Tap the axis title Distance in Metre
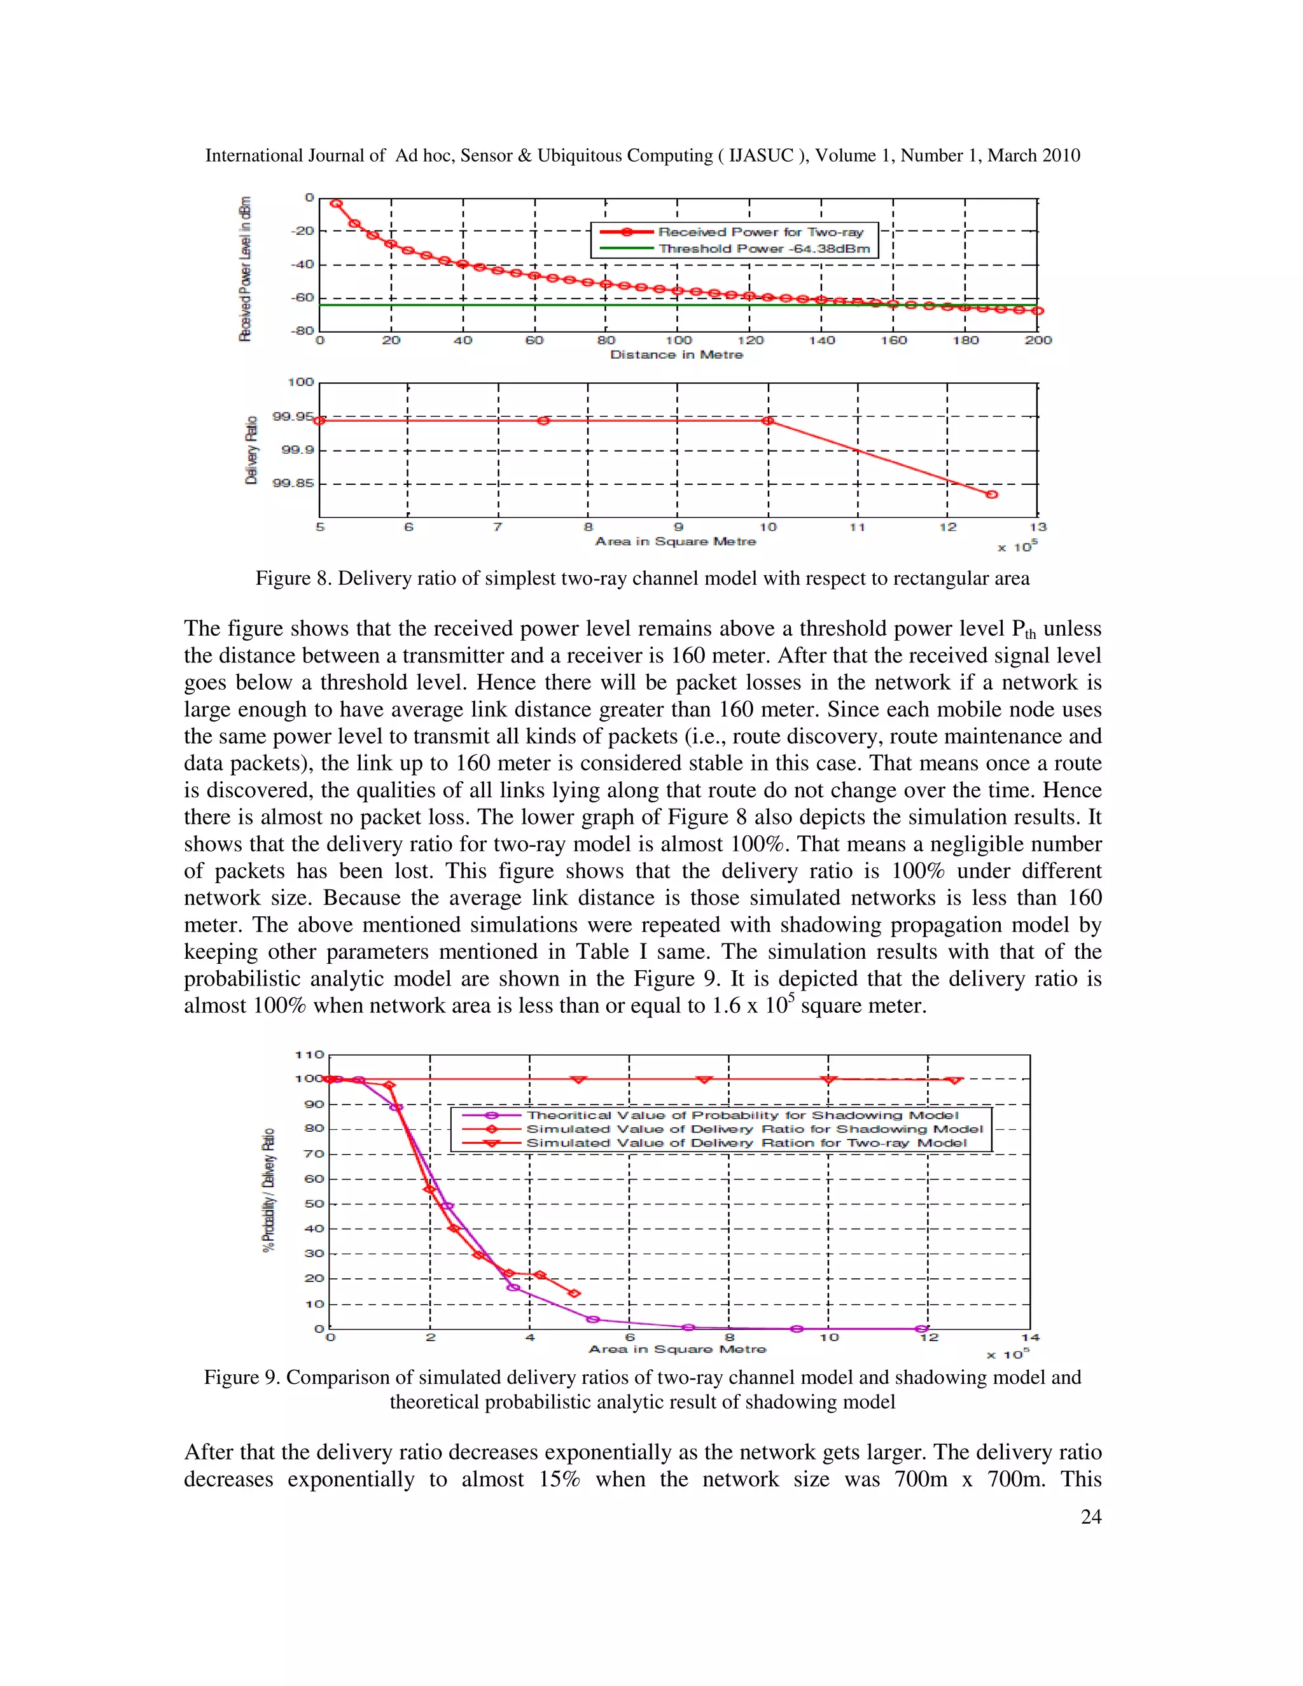pos(676,354)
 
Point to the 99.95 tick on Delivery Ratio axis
pos(293,417)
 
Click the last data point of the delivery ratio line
pos(992,494)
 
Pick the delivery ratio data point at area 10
pos(768,421)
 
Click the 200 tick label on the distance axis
pos(1038,340)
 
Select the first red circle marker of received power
pos(337,204)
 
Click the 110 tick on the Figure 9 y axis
pos(310,1054)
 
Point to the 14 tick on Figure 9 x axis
pos(1030,1337)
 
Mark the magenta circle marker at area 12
pos(921,1328)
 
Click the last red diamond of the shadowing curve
pos(573,1293)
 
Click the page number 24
pos(1090,1516)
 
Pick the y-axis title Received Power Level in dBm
pos(246,268)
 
